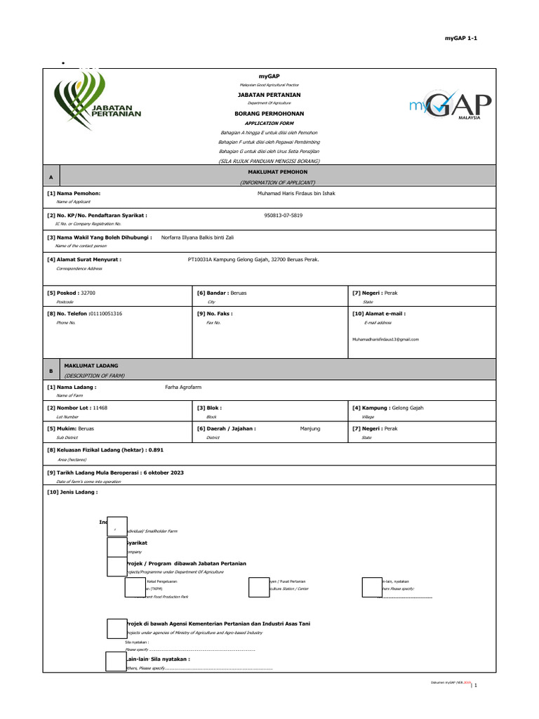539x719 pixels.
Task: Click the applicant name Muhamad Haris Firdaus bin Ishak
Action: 296,193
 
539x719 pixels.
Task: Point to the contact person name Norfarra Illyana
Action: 198,238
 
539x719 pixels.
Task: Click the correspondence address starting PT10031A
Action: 253,259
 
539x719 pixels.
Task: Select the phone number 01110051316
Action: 101,313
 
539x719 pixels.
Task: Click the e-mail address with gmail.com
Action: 385,339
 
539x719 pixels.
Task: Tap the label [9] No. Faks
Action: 215,313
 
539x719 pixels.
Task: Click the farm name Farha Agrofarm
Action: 181,387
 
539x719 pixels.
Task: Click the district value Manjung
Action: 310,428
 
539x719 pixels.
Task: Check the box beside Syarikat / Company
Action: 117,546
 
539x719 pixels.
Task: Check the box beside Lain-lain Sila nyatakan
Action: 115,661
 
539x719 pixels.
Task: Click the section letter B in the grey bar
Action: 51,370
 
